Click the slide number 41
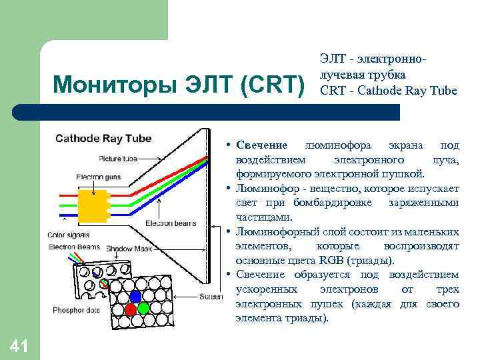(19, 345)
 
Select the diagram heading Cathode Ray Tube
(103, 139)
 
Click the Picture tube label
(118, 159)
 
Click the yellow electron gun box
(93, 203)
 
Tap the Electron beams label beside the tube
(170, 223)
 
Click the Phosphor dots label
(73, 311)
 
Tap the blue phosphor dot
(136, 295)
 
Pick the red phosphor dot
(131, 309)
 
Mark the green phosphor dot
(145, 309)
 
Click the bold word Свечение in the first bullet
(261, 145)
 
